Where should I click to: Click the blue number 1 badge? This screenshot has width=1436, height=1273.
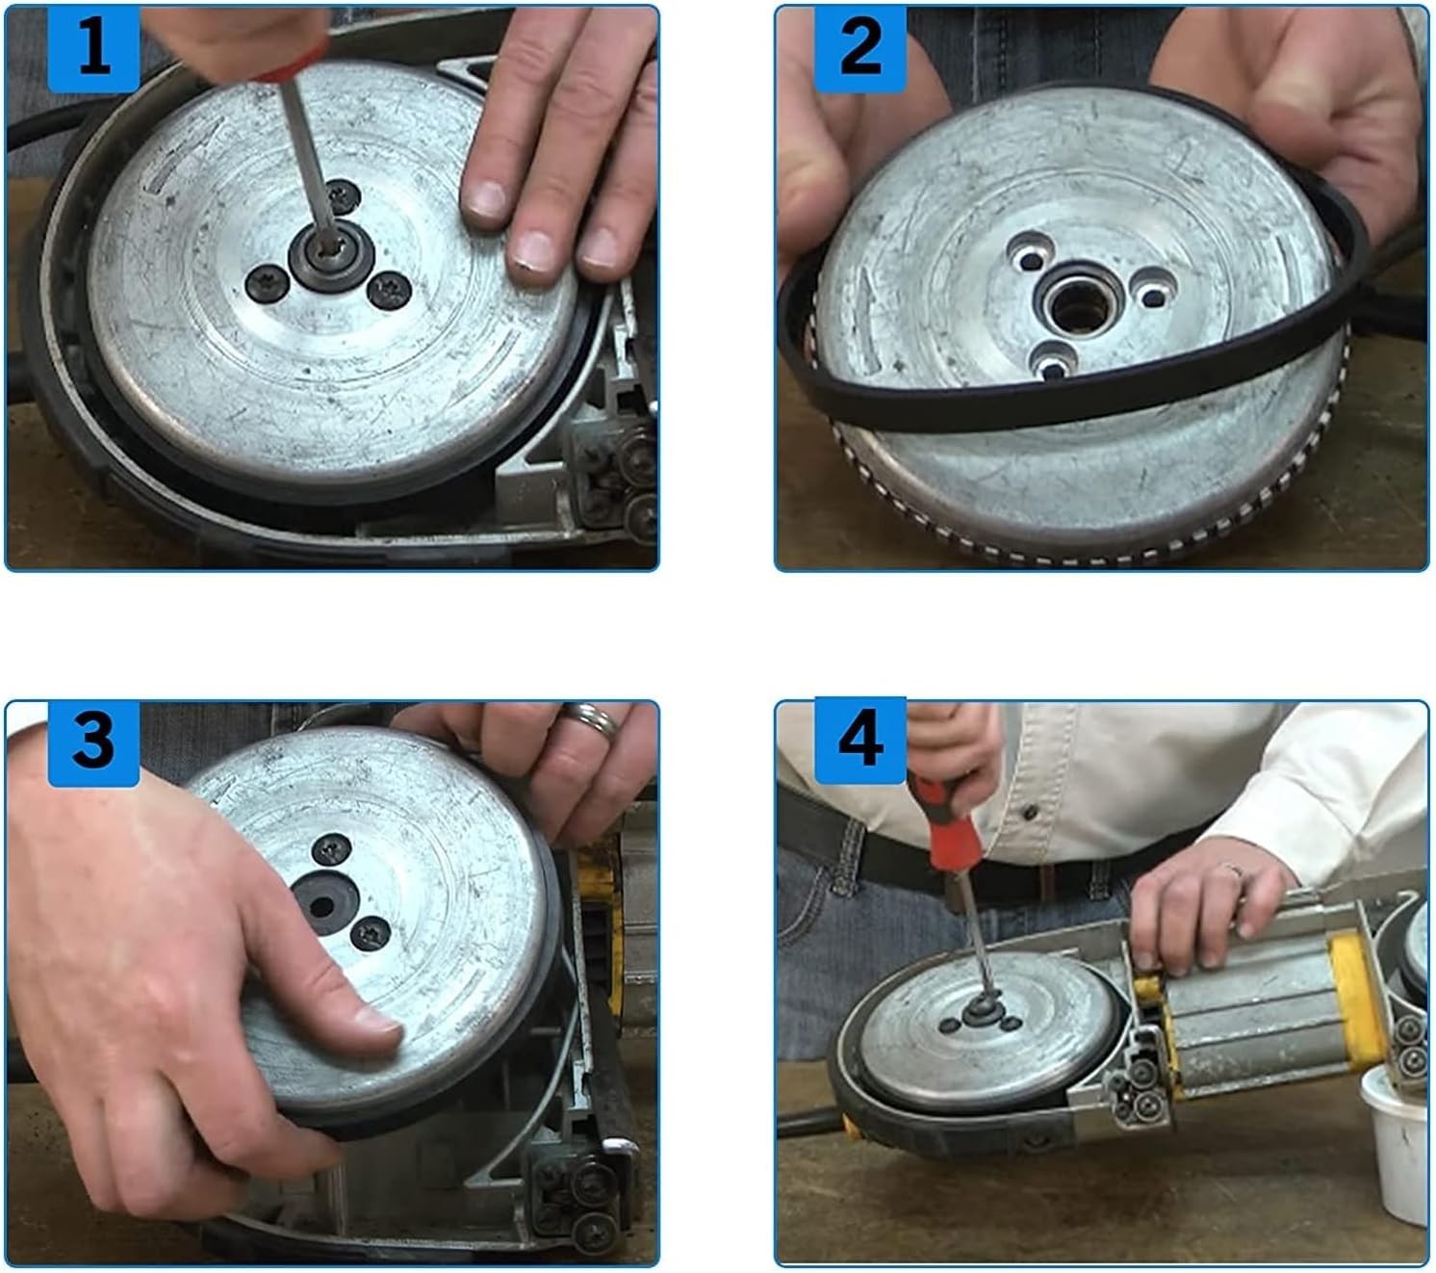pos(93,48)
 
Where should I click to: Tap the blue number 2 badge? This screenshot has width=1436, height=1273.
pos(859,48)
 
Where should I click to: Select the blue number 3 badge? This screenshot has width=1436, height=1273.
pos(93,742)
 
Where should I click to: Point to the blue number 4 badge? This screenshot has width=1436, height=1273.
pos(859,740)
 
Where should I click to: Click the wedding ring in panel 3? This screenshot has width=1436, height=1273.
pos(589,721)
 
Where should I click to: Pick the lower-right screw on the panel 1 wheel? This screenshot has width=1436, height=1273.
pos(389,289)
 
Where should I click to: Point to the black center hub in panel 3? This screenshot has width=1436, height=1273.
pos(324,903)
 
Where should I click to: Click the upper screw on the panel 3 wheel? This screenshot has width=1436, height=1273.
pos(331,848)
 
